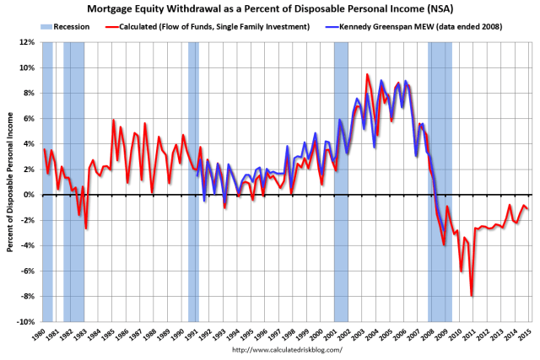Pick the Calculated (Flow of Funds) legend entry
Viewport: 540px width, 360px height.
click(x=217, y=26)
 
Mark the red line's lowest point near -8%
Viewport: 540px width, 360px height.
click(x=471, y=296)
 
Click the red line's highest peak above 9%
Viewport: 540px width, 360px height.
click(x=367, y=74)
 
